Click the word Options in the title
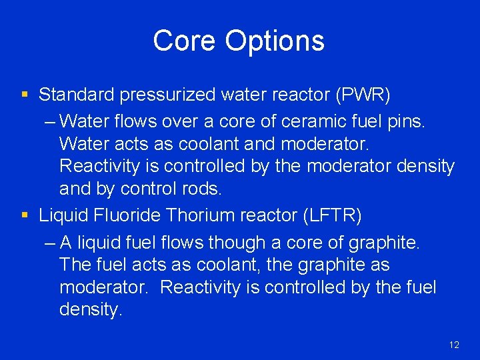click(x=275, y=41)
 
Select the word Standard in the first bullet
click(x=77, y=95)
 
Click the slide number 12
click(x=454, y=345)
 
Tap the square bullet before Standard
click(x=25, y=95)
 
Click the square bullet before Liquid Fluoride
click(x=25, y=216)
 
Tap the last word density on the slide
click(x=90, y=310)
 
